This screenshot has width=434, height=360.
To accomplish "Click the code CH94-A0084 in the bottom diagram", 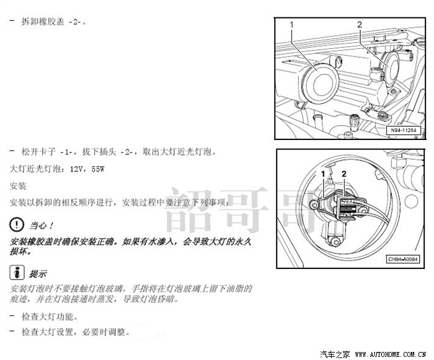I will point(403,259).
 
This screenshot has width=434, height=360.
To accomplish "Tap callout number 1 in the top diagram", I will point(291,25).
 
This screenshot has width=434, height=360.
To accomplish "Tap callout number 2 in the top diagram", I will point(358,25).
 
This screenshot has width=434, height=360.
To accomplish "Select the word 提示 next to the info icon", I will point(38,273).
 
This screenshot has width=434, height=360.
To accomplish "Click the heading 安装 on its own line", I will point(18,185).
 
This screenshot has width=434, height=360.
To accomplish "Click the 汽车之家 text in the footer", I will point(335,354).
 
